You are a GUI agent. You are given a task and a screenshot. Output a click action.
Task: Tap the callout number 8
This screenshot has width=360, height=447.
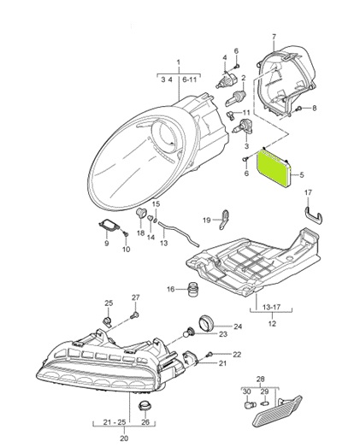(x=313, y=108)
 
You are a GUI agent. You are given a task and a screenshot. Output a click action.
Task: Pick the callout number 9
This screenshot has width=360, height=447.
(x=106, y=243)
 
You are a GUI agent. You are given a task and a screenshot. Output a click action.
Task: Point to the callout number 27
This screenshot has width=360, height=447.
(x=134, y=297)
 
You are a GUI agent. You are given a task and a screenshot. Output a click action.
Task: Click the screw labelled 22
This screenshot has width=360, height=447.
(x=209, y=354)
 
